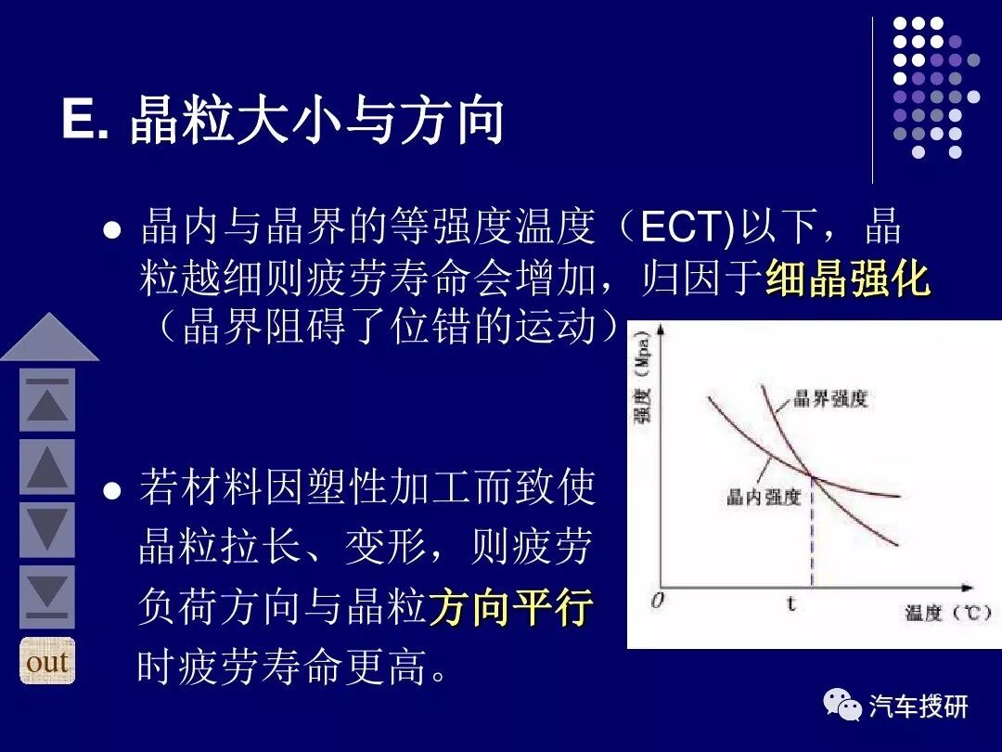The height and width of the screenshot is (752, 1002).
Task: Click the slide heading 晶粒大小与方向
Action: [x=316, y=122]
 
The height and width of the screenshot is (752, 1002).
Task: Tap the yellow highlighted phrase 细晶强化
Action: [x=848, y=278]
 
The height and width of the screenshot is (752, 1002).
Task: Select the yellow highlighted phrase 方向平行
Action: [x=510, y=609]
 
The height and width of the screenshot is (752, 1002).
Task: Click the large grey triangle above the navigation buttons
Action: [x=49, y=338]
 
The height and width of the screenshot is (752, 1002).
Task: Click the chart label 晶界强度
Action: [x=830, y=400]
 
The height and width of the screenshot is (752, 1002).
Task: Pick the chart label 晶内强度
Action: [x=763, y=498]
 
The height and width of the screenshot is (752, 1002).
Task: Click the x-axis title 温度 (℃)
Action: [x=947, y=614]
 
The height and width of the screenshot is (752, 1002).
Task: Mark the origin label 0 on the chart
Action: [x=657, y=601]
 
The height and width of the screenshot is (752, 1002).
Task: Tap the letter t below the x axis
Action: [x=791, y=603]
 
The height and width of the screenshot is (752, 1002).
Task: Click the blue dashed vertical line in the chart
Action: [x=813, y=538]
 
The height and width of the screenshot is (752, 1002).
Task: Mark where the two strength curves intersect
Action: [x=813, y=477]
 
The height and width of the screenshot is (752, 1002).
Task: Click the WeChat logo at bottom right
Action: [x=842, y=706]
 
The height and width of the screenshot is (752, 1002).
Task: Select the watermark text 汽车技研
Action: [x=918, y=707]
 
